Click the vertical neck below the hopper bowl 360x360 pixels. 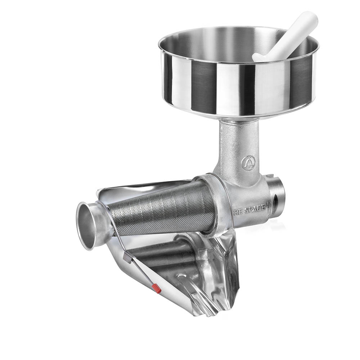coord(239,142)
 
